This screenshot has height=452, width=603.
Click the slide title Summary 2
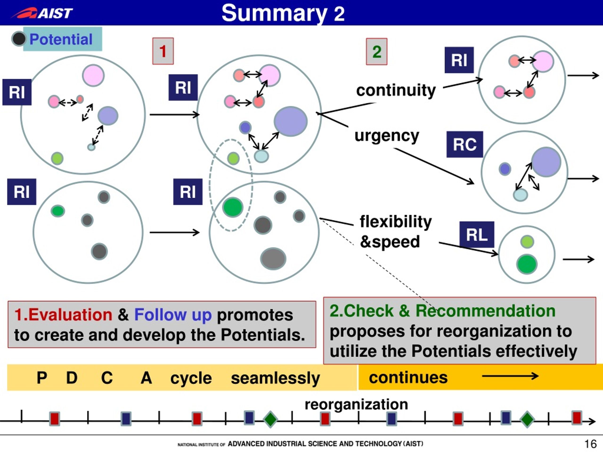(283, 13)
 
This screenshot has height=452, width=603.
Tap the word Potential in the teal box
(61, 39)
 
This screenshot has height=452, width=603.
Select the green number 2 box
(377, 52)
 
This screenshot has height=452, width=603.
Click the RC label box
(465, 144)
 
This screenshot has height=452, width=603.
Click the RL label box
(477, 234)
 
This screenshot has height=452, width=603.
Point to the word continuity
(396, 90)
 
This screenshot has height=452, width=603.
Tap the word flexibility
(396, 221)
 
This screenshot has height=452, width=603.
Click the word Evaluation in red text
(70, 315)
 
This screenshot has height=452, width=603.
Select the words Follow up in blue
(173, 315)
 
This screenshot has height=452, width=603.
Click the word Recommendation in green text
(485, 311)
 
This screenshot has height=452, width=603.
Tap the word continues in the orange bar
(408, 377)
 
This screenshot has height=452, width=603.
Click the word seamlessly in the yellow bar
(276, 378)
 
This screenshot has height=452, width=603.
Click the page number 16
(591, 444)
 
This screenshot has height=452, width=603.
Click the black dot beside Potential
(19, 39)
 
